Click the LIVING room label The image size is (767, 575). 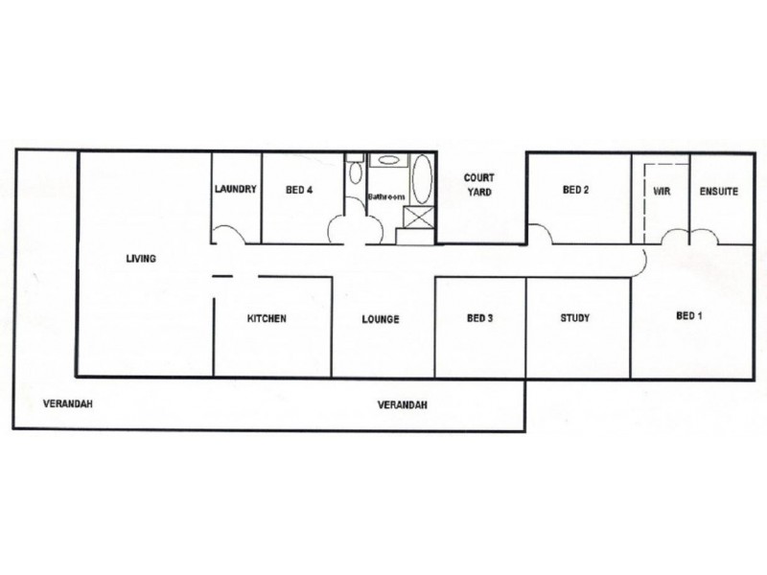tap(140, 259)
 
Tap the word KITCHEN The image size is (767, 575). tap(267, 319)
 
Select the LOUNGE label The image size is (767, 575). tap(380, 319)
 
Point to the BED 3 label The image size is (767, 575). tap(479, 319)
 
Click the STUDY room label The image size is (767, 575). tap(574, 319)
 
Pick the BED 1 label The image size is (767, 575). tap(689, 315)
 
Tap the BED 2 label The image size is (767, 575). tap(575, 191)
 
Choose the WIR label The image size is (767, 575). tap(662, 192)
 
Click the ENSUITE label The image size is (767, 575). tap(718, 192)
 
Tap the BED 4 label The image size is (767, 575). tap(299, 190)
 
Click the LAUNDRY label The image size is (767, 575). tap(236, 190)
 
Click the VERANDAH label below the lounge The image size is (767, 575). tap(403, 404)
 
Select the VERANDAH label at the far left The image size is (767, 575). tap(67, 404)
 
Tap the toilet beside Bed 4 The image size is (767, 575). tap(356, 173)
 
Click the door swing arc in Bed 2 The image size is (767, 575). tap(540, 233)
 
